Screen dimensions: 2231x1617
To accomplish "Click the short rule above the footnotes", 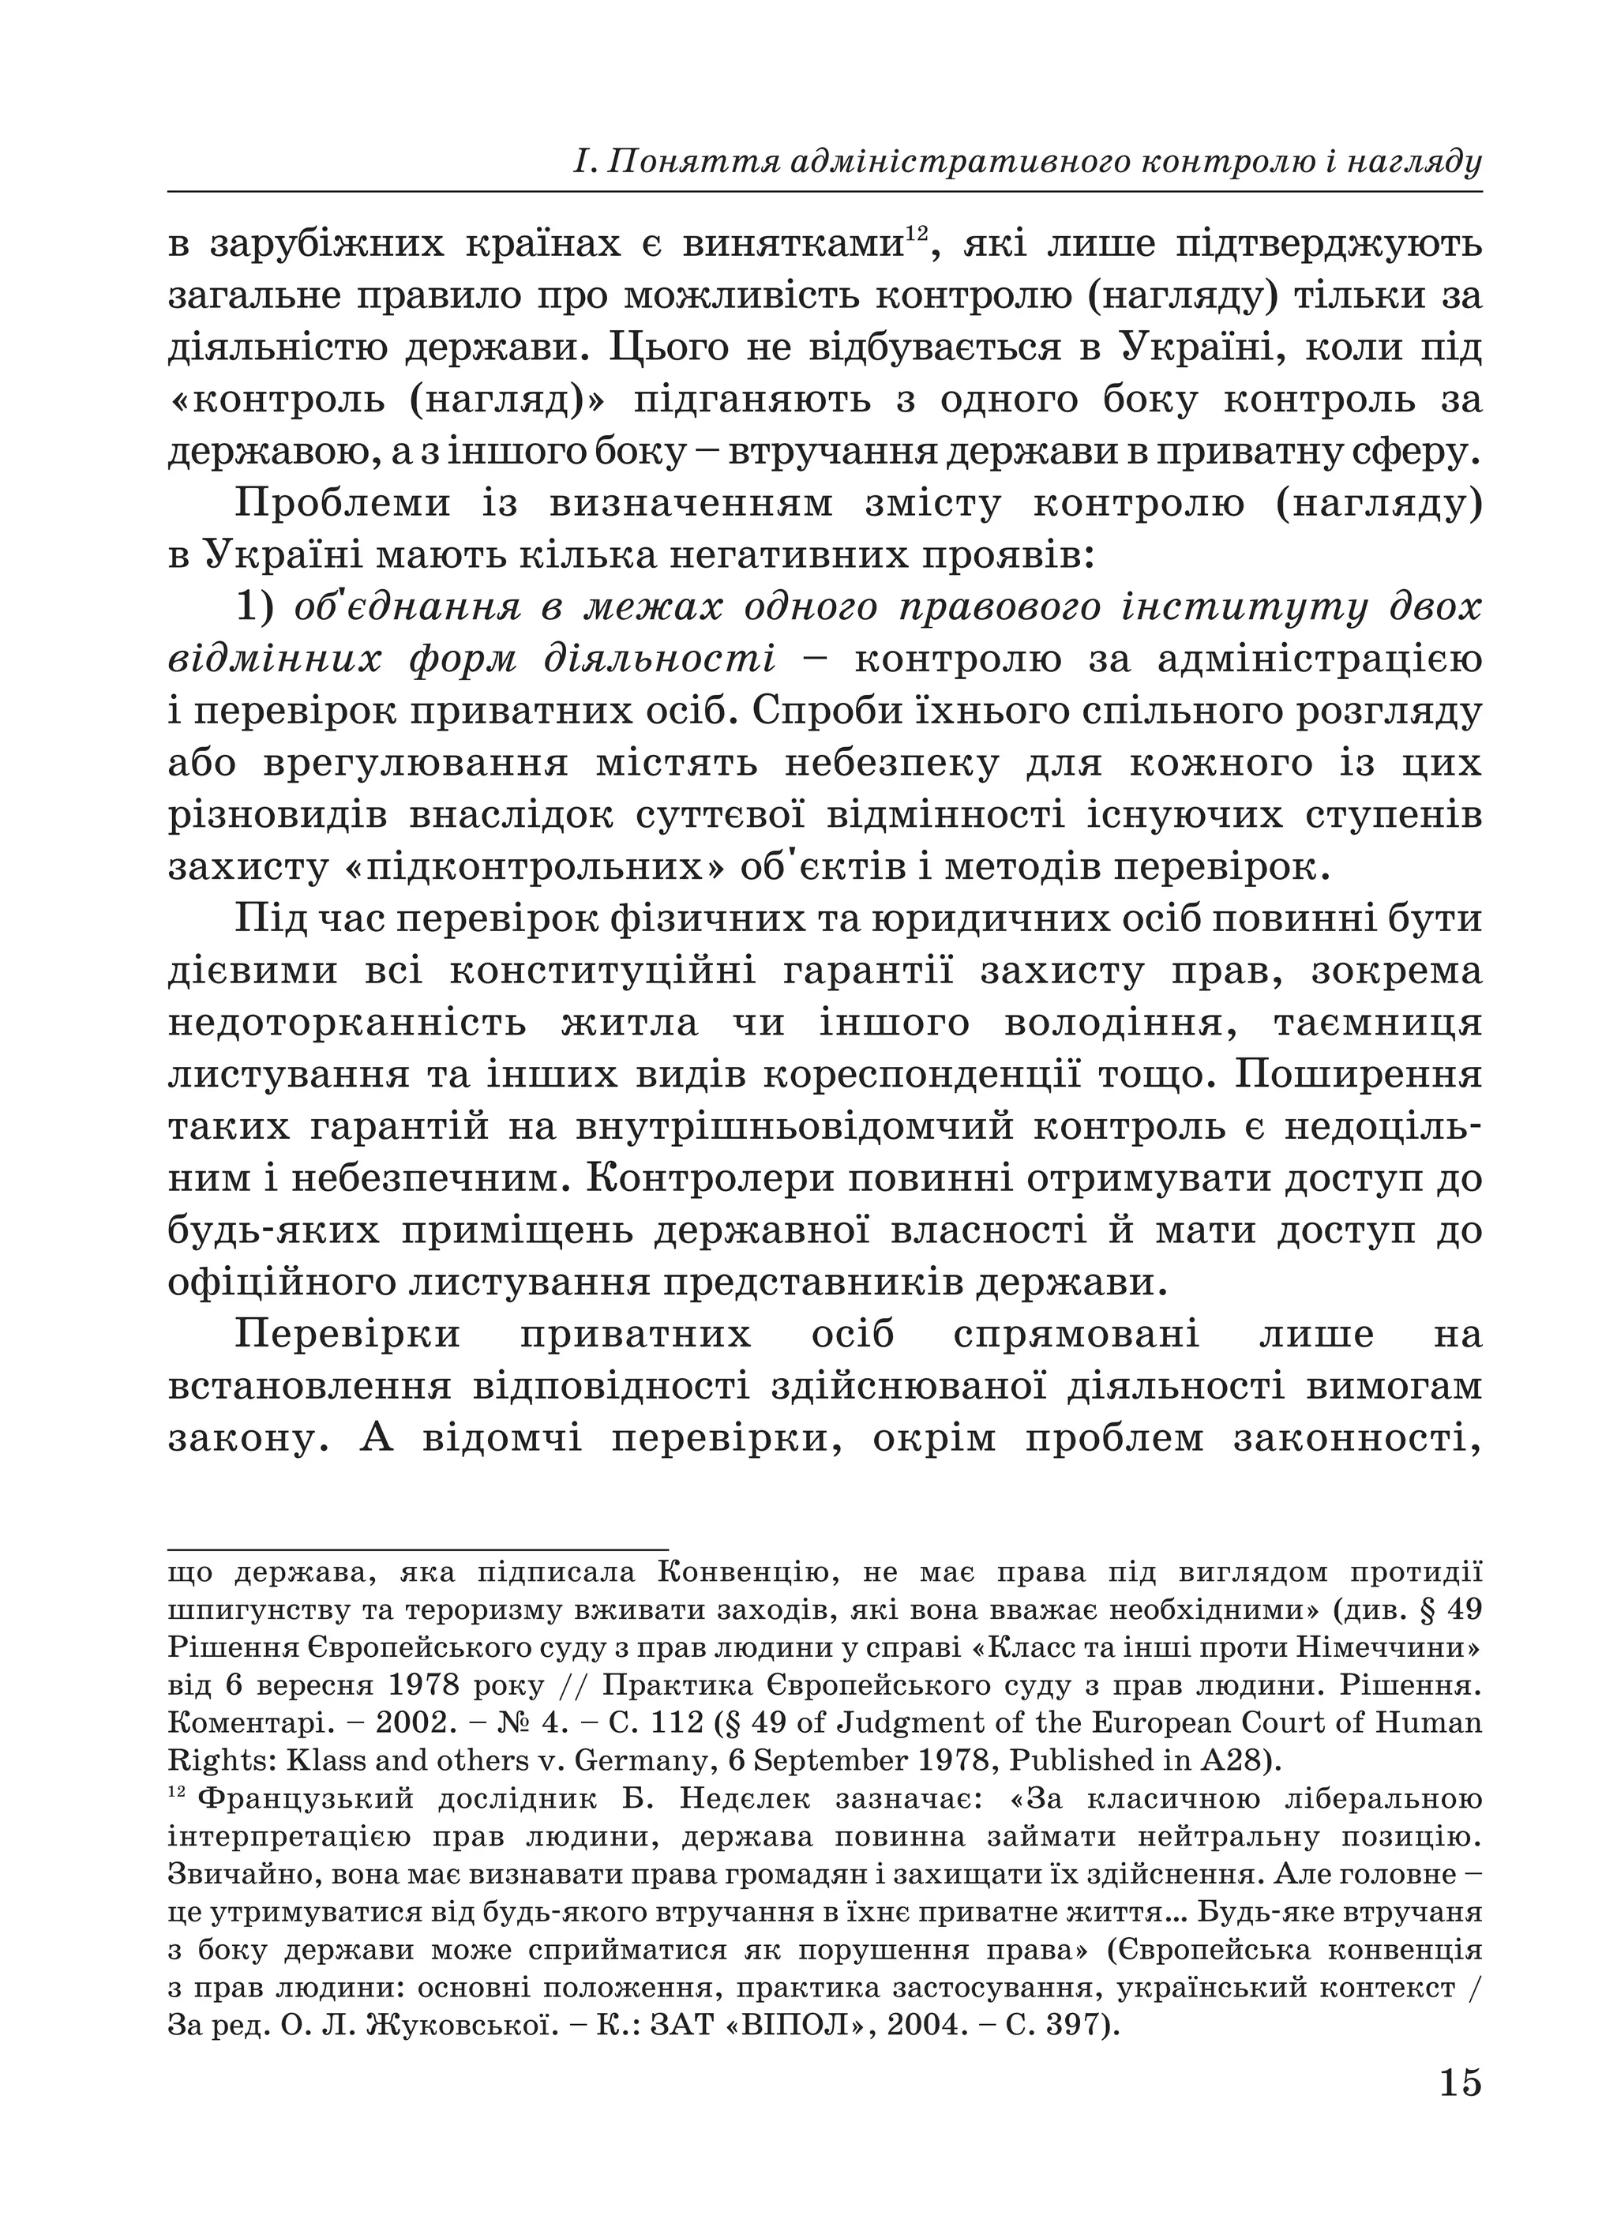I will click(418, 1549).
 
